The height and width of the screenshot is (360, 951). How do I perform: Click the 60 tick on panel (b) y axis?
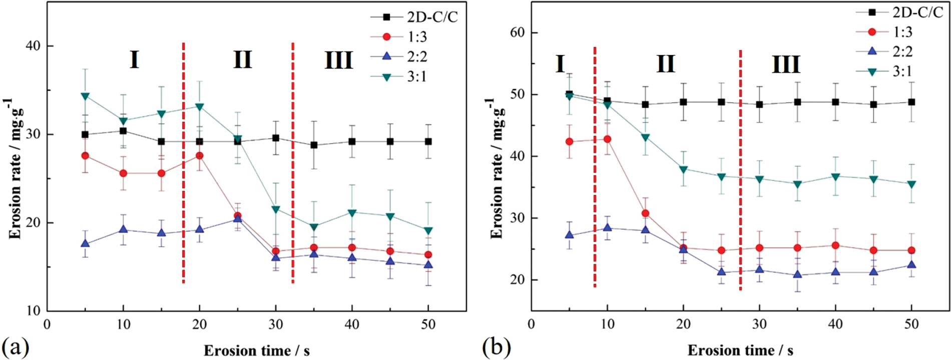coord(517,33)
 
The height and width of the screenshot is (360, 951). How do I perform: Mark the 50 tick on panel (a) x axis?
coord(428,324)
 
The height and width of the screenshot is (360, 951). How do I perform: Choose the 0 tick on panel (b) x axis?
coord(531,324)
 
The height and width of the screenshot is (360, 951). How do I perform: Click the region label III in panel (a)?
coord(339,61)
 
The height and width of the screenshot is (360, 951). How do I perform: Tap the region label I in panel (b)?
coord(560,64)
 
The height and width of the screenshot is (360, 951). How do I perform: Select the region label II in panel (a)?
coord(242,60)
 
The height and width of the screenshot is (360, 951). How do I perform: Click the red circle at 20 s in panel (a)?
coord(200,156)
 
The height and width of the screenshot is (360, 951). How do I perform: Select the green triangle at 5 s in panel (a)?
coord(85,96)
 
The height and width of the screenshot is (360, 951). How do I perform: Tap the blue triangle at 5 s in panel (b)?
coord(569,235)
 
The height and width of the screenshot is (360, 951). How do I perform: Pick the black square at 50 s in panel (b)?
coord(911,102)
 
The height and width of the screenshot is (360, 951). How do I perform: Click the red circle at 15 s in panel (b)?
coord(645,213)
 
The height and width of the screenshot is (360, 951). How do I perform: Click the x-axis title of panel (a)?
coord(256,350)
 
